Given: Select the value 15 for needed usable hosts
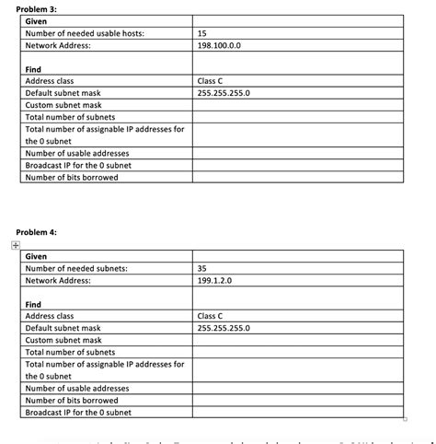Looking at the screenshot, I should pyautogui.click(x=202, y=33).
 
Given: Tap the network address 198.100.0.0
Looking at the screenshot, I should pyautogui.click(x=218, y=45).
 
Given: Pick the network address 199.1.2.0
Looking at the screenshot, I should pyautogui.click(x=214, y=280).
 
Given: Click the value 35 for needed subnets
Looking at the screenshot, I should pyautogui.click(x=203, y=268).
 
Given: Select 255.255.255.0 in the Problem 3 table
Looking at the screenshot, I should pyautogui.click(x=224, y=93).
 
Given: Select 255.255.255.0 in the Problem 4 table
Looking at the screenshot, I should pyautogui.click(x=224, y=328).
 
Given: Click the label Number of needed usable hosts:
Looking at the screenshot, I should pyautogui.click(x=85, y=33).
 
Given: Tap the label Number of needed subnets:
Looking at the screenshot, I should pyautogui.click(x=76, y=268).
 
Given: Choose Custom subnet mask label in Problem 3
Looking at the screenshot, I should pyautogui.click(x=63, y=105).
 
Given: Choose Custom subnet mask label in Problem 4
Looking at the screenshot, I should pyautogui.click(x=63, y=340).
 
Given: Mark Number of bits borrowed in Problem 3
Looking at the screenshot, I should pyautogui.click(x=72, y=177).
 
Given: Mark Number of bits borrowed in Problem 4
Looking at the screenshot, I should pyautogui.click(x=72, y=400).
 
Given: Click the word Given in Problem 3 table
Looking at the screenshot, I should pyautogui.click(x=37, y=21).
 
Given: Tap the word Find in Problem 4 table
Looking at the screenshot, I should pyautogui.click(x=33, y=304).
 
